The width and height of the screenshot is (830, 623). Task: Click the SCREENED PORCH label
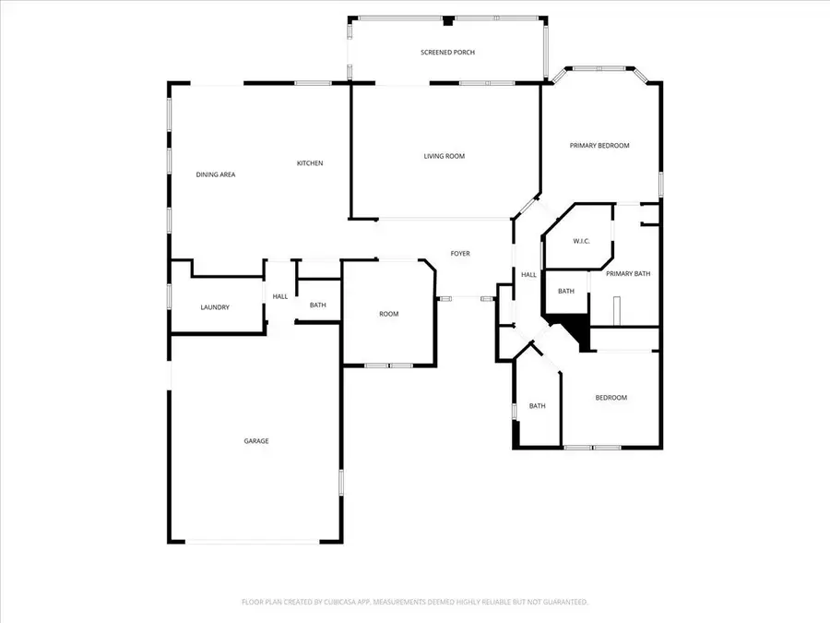point(447,53)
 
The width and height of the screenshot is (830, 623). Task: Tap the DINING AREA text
point(215,174)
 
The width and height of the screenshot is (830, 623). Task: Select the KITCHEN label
point(309,163)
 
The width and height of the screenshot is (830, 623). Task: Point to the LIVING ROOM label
point(444,156)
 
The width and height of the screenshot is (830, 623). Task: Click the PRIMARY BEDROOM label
point(599,146)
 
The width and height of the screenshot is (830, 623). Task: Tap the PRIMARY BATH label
point(628,273)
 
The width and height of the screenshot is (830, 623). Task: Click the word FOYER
point(459,253)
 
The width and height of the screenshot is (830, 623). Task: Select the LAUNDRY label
point(215,307)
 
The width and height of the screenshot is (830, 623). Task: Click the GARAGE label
point(255,441)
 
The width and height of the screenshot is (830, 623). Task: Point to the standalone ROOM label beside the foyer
point(388,314)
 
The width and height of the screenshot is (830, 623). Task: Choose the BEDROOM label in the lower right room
point(611,398)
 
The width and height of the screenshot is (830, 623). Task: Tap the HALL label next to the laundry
point(279,296)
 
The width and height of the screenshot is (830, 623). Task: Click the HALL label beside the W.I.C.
point(528,275)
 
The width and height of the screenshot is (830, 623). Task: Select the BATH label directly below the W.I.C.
point(565,292)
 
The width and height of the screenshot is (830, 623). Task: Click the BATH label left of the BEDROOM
point(537,406)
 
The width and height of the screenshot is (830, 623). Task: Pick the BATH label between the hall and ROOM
point(317,306)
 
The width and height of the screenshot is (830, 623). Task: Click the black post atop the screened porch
point(447,20)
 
